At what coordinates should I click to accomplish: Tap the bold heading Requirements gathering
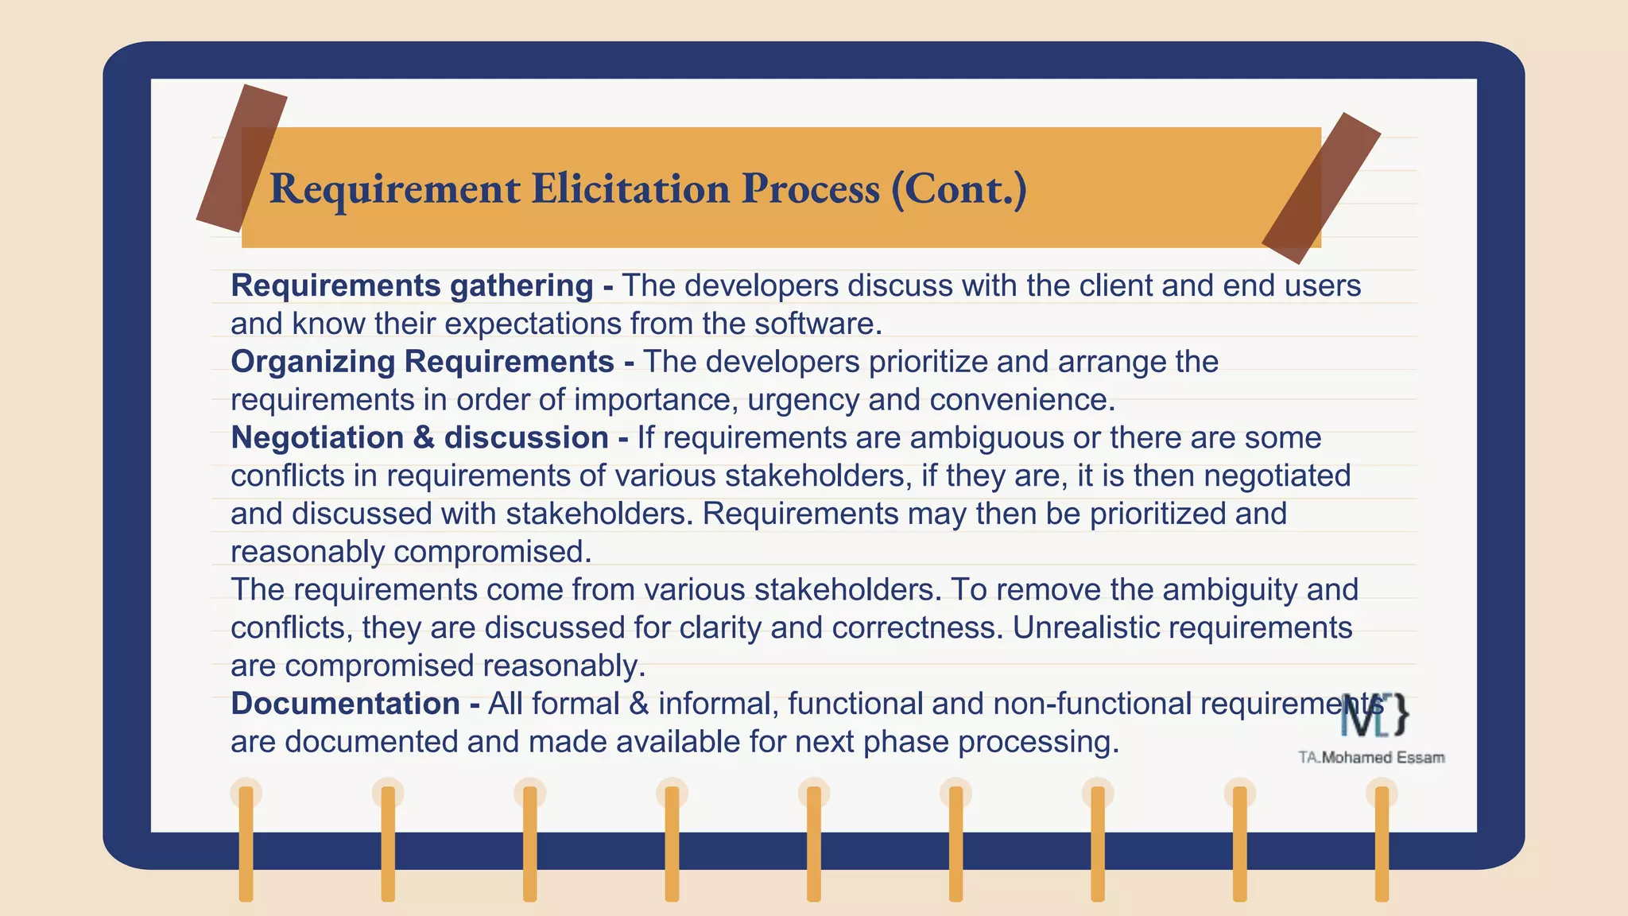(412, 285)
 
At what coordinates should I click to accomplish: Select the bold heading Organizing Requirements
(422, 362)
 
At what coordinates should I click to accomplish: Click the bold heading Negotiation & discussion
(420, 438)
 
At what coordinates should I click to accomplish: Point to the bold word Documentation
(345, 704)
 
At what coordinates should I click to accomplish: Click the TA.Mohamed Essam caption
(1371, 758)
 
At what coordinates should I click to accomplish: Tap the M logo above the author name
(1374, 714)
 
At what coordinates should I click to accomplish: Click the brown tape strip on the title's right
(1321, 188)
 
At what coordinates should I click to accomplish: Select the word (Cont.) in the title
(959, 189)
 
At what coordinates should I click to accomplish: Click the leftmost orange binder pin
(246, 843)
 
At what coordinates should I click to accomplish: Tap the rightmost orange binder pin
(1382, 843)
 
